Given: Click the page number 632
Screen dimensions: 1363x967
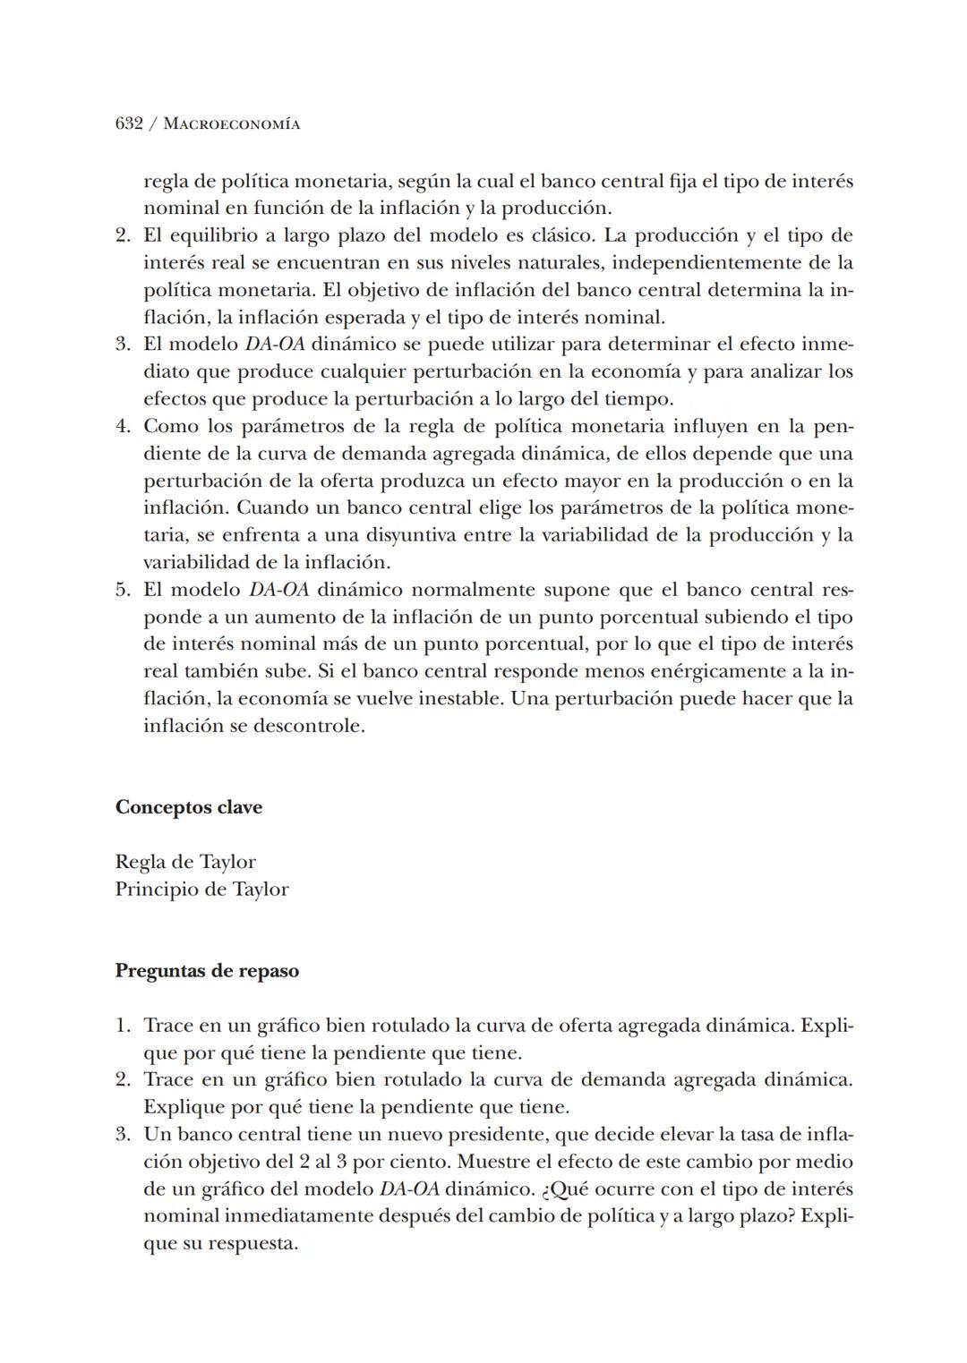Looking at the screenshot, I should point(129,124).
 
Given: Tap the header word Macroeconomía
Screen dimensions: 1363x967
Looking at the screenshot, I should point(232,124).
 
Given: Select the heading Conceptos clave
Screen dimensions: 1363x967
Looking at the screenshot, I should point(188,807).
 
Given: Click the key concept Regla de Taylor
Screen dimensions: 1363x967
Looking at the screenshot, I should point(185,862).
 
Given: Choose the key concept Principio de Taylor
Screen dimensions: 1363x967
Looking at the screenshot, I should point(201,889).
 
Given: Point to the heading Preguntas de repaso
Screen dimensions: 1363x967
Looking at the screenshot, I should point(207,971).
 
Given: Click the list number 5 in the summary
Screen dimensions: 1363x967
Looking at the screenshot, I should point(123,590).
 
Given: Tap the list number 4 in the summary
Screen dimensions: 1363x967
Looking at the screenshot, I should point(123,426).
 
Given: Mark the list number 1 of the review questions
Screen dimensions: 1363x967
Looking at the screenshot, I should point(123,1026).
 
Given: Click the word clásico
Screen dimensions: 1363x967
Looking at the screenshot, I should point(561,235).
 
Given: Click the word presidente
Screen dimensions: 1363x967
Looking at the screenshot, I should point(501,1135).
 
